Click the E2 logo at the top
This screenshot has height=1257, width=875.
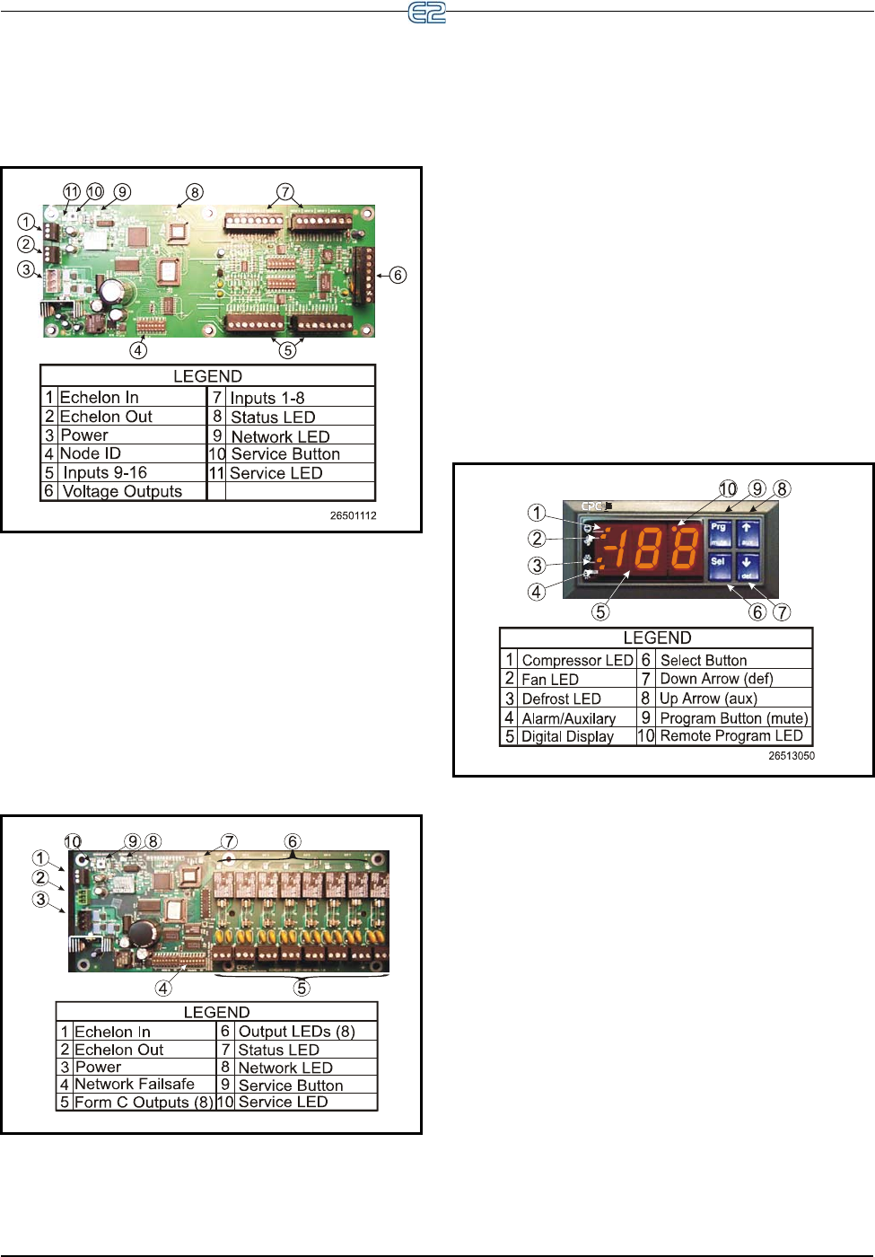[427, 13]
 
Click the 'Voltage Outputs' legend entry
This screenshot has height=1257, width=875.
[122, 491]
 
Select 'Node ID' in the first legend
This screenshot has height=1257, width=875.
[90, 453]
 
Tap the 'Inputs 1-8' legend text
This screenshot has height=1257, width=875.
[267, 398]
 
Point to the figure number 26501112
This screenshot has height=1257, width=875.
[353, 516]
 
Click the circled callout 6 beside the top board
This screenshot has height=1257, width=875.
[398, 275]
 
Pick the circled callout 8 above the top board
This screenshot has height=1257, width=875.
[195, 192]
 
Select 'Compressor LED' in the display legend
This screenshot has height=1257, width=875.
[577, 660]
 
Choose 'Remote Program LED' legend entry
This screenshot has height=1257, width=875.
[731, 735]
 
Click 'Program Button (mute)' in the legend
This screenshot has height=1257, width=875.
[734, 717]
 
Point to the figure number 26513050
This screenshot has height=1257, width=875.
[792, 756]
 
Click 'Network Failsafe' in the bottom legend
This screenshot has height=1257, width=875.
[135, 1085]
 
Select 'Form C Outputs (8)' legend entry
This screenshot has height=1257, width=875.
[144, 1102]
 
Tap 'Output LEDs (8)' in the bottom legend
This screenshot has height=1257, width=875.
[296, 1032]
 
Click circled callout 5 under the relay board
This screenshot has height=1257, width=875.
[302, 988]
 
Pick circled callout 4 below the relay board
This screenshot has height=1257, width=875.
[163, 988]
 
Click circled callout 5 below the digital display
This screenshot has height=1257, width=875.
[600, 611]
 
